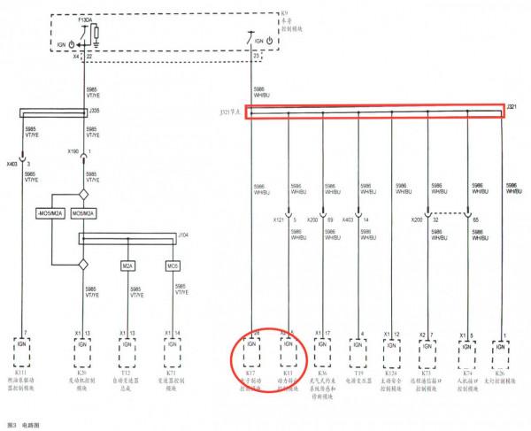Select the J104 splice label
[184, 235]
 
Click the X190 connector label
[73, 151]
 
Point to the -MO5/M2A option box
[49, 213]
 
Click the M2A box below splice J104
[128, 265]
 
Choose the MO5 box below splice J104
[173, 265]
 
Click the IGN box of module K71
[173, 346]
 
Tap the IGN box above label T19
[359, 346]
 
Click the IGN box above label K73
[428, 346]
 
